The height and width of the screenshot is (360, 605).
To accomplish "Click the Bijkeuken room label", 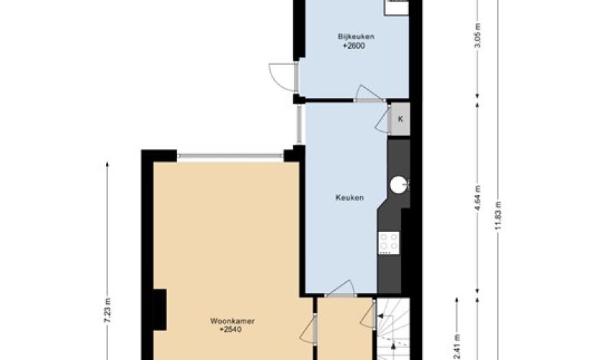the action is click(x=356, y=37).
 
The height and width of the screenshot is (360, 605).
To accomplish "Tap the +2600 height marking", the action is click(x=354, y=46).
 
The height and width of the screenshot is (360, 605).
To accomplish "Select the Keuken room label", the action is click(x=349, y=197).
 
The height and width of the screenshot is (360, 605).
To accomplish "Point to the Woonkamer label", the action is click(x=232, y=320).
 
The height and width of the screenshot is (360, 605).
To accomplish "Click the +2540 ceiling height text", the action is click(x=230, y=330).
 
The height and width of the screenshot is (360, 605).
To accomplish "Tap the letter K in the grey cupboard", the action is click(x=400, y=119).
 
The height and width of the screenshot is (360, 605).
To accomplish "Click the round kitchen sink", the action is click(x=398, y=184).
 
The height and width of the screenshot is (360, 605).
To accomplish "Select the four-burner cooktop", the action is click(x=389, y=243).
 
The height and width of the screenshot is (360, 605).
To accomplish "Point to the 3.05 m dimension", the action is click(x=478, y=35).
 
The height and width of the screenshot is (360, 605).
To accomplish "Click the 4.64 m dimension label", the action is click(x=478, y=198).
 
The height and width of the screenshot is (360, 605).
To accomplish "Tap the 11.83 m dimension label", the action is click(x=498, y=215).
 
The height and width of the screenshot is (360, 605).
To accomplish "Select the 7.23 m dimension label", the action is click(x=107, y=310).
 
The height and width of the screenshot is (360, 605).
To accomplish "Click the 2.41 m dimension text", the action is click(x=457, y=346).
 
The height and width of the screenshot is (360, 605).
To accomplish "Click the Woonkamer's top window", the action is click(x=230, y=156).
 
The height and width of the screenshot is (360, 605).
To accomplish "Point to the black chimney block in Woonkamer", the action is click(x=160, y=310).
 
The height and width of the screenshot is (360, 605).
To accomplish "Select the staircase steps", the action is click(x=393, y=329).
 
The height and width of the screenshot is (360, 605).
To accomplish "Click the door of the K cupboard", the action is click(x=382, y=120).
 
